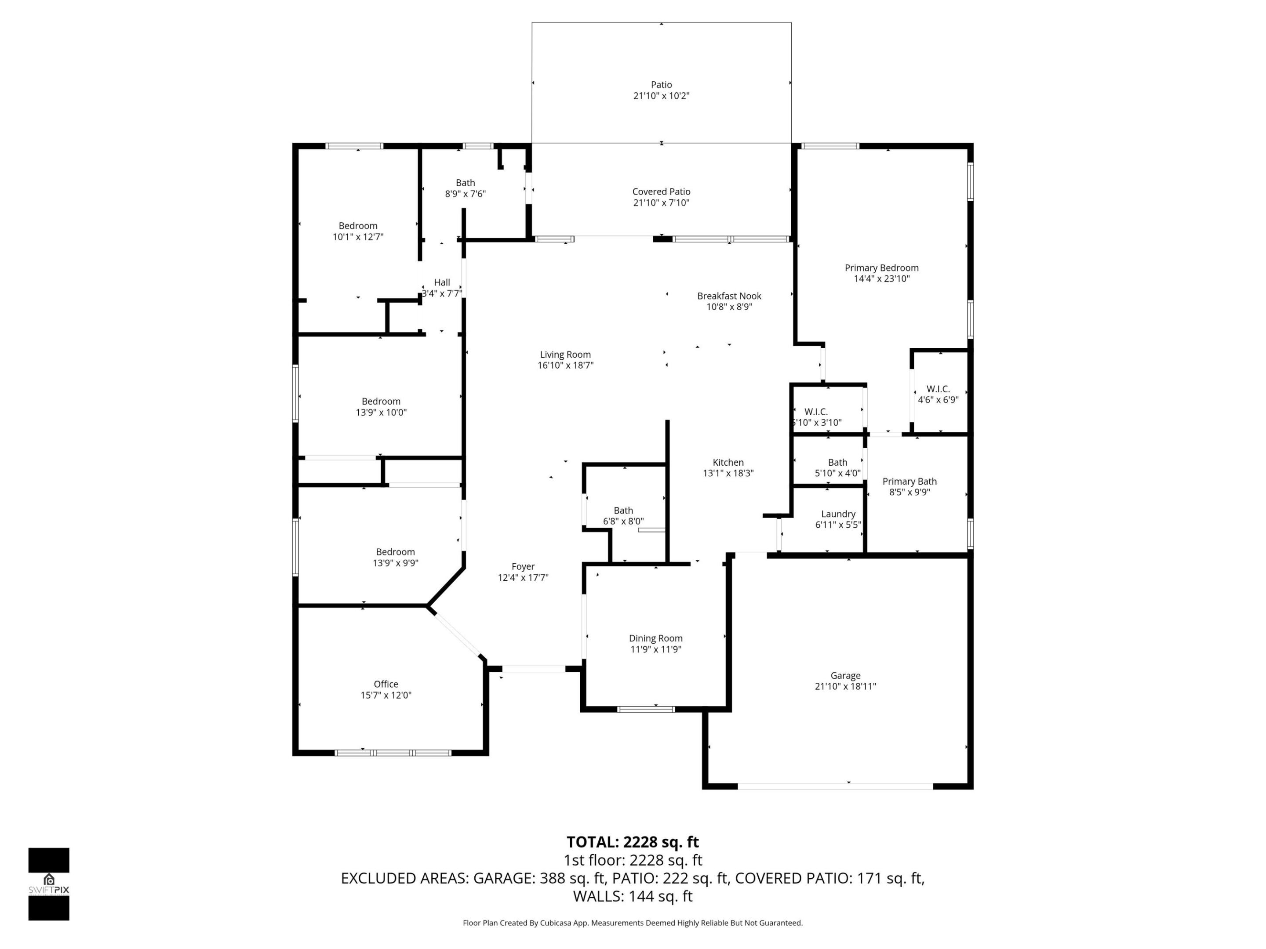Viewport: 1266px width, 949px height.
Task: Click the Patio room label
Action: [x=661, y=85]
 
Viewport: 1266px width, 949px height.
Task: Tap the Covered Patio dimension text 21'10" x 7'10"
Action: [x=661, y=203]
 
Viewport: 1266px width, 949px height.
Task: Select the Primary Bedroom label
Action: [x=881, y=268]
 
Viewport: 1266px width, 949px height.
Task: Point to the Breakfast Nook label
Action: [x=729, y=296]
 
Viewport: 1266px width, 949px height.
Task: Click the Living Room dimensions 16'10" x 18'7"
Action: [x=565, y=366]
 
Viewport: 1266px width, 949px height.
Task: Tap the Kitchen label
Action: [x=728, y=462]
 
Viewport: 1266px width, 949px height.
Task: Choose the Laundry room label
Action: [x=838, y=514]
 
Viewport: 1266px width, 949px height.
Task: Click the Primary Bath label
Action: [x=909, y=481]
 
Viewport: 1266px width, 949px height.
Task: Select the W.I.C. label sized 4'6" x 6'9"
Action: [x=938, y=389]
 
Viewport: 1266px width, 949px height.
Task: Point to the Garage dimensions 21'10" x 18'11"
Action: [x=845, y=686]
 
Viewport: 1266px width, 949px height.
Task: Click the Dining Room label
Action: [x=655, y=638]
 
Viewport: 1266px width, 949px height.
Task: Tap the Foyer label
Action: [x=523, y=566]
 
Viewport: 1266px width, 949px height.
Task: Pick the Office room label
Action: [x=386, y=684]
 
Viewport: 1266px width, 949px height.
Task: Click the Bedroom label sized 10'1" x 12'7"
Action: [x=358, y=225]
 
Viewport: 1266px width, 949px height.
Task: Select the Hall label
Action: [x=442, y=282]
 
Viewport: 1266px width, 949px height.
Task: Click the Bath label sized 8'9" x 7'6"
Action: [x=466, y=182]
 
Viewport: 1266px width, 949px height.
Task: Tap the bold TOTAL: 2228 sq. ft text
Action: [x=633, y=842]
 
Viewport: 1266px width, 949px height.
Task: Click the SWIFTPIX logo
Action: [x=49, y=884]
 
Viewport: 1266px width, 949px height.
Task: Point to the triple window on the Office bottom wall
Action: [x=393, y=753]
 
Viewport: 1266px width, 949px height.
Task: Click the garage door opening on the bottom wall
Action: [x=835, y=786]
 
